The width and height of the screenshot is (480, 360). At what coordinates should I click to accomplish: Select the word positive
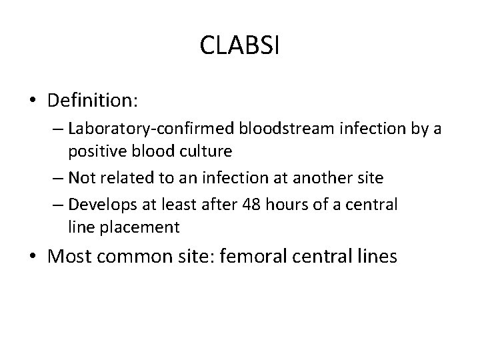94,151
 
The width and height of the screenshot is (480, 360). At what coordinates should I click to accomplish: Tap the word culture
205,151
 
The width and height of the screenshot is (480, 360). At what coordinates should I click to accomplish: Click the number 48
252,205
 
